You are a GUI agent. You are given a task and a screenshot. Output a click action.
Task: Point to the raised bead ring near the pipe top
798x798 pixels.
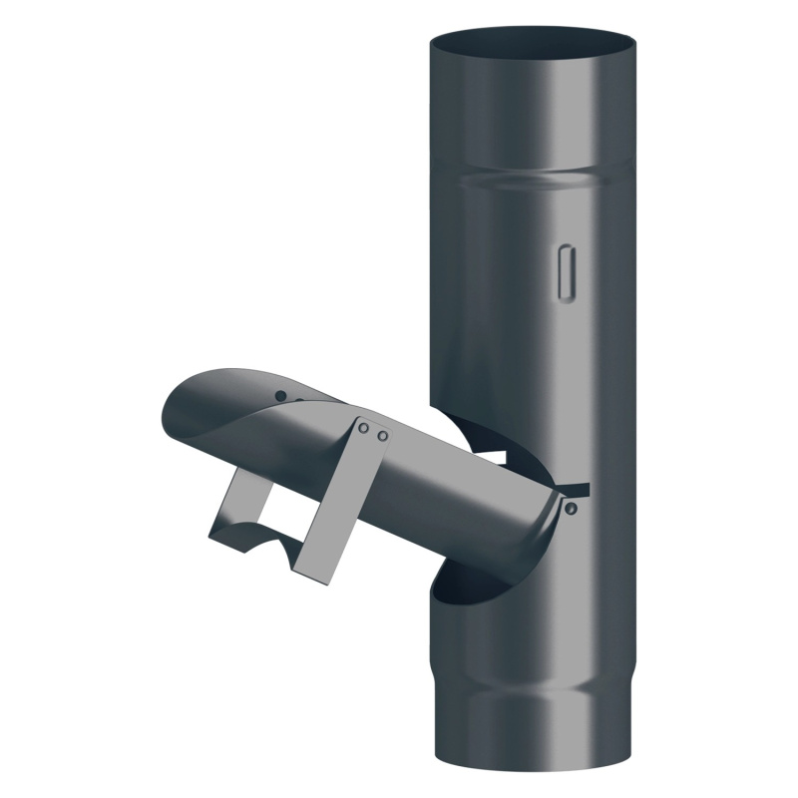(x=532, y=180)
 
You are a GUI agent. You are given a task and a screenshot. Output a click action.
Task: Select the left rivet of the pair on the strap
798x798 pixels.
(x=365, y=429)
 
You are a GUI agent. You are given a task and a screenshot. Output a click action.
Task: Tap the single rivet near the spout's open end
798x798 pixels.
(x=281, y=395)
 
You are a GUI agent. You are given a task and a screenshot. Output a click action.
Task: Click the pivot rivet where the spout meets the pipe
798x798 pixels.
(x=571, y=509)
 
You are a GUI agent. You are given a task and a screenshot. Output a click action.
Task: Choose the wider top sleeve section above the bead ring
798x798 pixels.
(x=532, y=110)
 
